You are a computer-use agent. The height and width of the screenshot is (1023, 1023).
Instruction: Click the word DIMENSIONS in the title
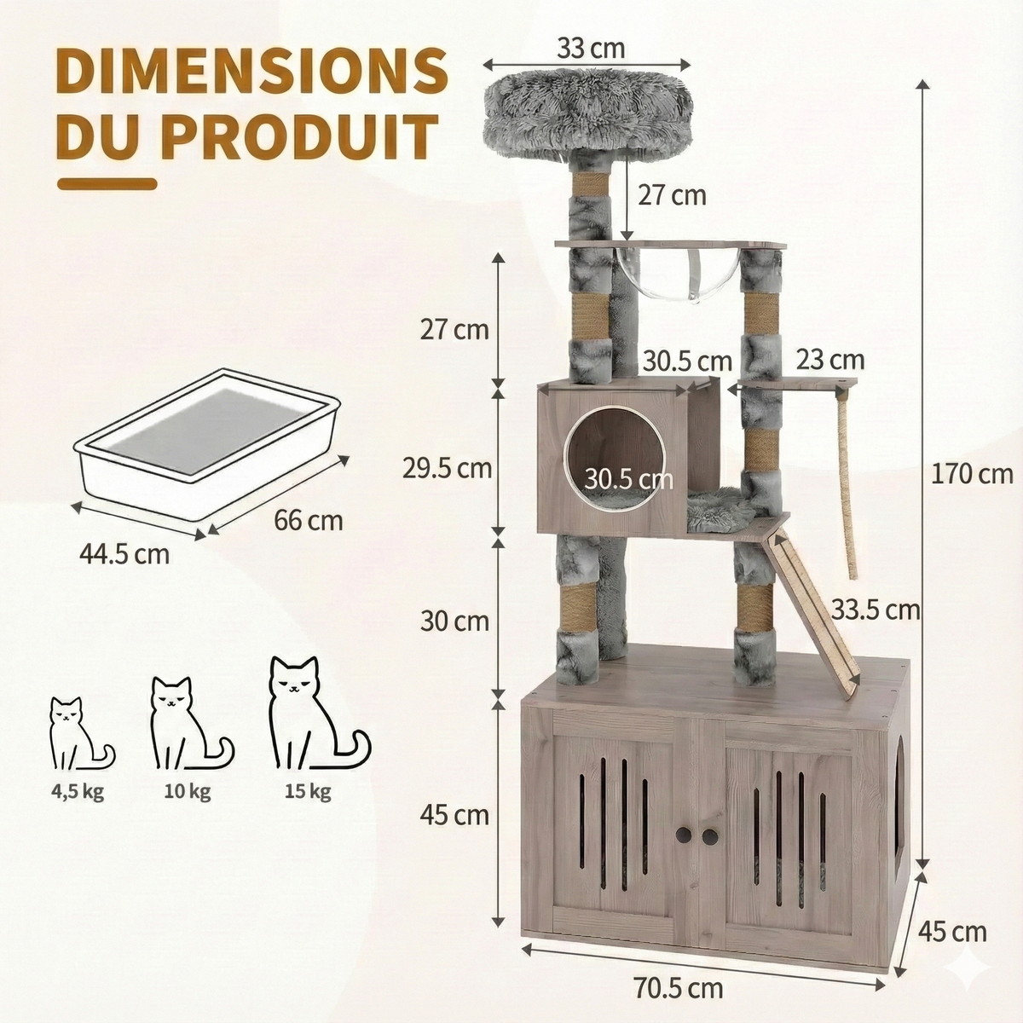(x=251, y=72)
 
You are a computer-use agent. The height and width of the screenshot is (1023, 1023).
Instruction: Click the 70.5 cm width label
(x=679, y=988)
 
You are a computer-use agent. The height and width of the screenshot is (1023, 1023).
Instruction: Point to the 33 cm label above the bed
(x=591, y=48)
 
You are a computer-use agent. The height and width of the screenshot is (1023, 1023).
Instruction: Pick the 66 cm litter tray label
(x=309, y=519)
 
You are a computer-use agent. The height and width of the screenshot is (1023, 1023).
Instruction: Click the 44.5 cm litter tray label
(x=124, y=553)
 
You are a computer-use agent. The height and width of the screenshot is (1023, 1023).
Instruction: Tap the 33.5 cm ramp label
(x=876, y=610)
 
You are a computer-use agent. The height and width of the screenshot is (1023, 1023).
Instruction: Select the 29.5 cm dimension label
(x=448, y=467)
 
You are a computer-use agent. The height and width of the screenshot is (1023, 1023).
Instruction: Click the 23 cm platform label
(x=830, y=360)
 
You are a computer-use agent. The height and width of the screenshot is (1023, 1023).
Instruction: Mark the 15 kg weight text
(x=309, y=792)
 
